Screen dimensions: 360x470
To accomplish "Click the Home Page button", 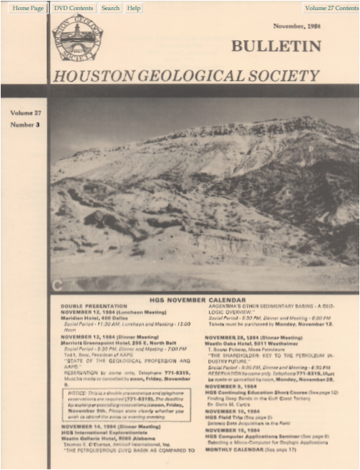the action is [28, 8].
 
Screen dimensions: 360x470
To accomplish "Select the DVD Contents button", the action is [73, 8].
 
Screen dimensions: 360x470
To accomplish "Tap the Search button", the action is [110, 8].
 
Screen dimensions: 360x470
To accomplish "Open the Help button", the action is [133, 8].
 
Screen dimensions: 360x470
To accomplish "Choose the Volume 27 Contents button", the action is [330, 8].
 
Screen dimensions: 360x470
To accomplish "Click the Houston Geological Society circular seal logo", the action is [77, 39].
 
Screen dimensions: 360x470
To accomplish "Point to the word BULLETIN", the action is [276, 47].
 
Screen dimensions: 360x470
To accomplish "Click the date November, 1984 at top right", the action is [297, 26].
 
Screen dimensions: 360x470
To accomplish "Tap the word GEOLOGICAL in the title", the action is [187, 76].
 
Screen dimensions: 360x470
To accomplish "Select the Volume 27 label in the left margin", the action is [26, 113].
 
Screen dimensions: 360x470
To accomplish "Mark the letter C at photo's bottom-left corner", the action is [57, 286].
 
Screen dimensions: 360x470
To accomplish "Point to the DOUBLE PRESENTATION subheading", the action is [94, 306].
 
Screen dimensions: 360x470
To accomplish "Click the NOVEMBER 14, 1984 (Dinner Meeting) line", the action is [110, 426].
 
